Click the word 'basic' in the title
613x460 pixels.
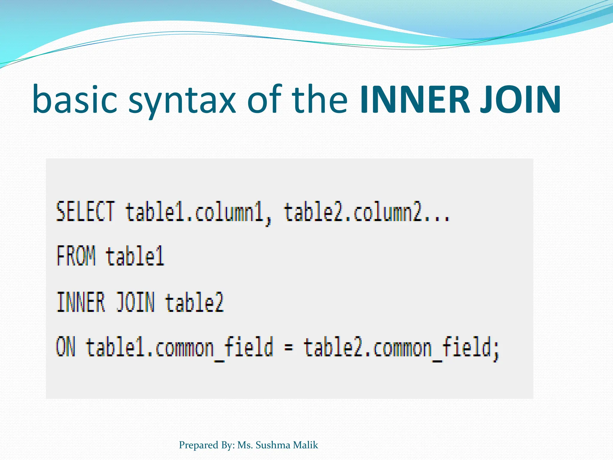tap(75, 99)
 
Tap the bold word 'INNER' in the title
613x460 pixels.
tap(415, 99)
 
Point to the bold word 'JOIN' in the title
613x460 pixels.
tap(521, 99)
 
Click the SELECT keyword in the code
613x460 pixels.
tap(85, 212)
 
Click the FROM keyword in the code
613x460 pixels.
tap(76, 255)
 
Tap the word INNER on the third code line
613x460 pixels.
tap(81, 302)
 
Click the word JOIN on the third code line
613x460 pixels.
tap(135, 302)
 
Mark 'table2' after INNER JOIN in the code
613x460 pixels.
tap(194, 302)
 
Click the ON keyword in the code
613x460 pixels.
tap(66, 347)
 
